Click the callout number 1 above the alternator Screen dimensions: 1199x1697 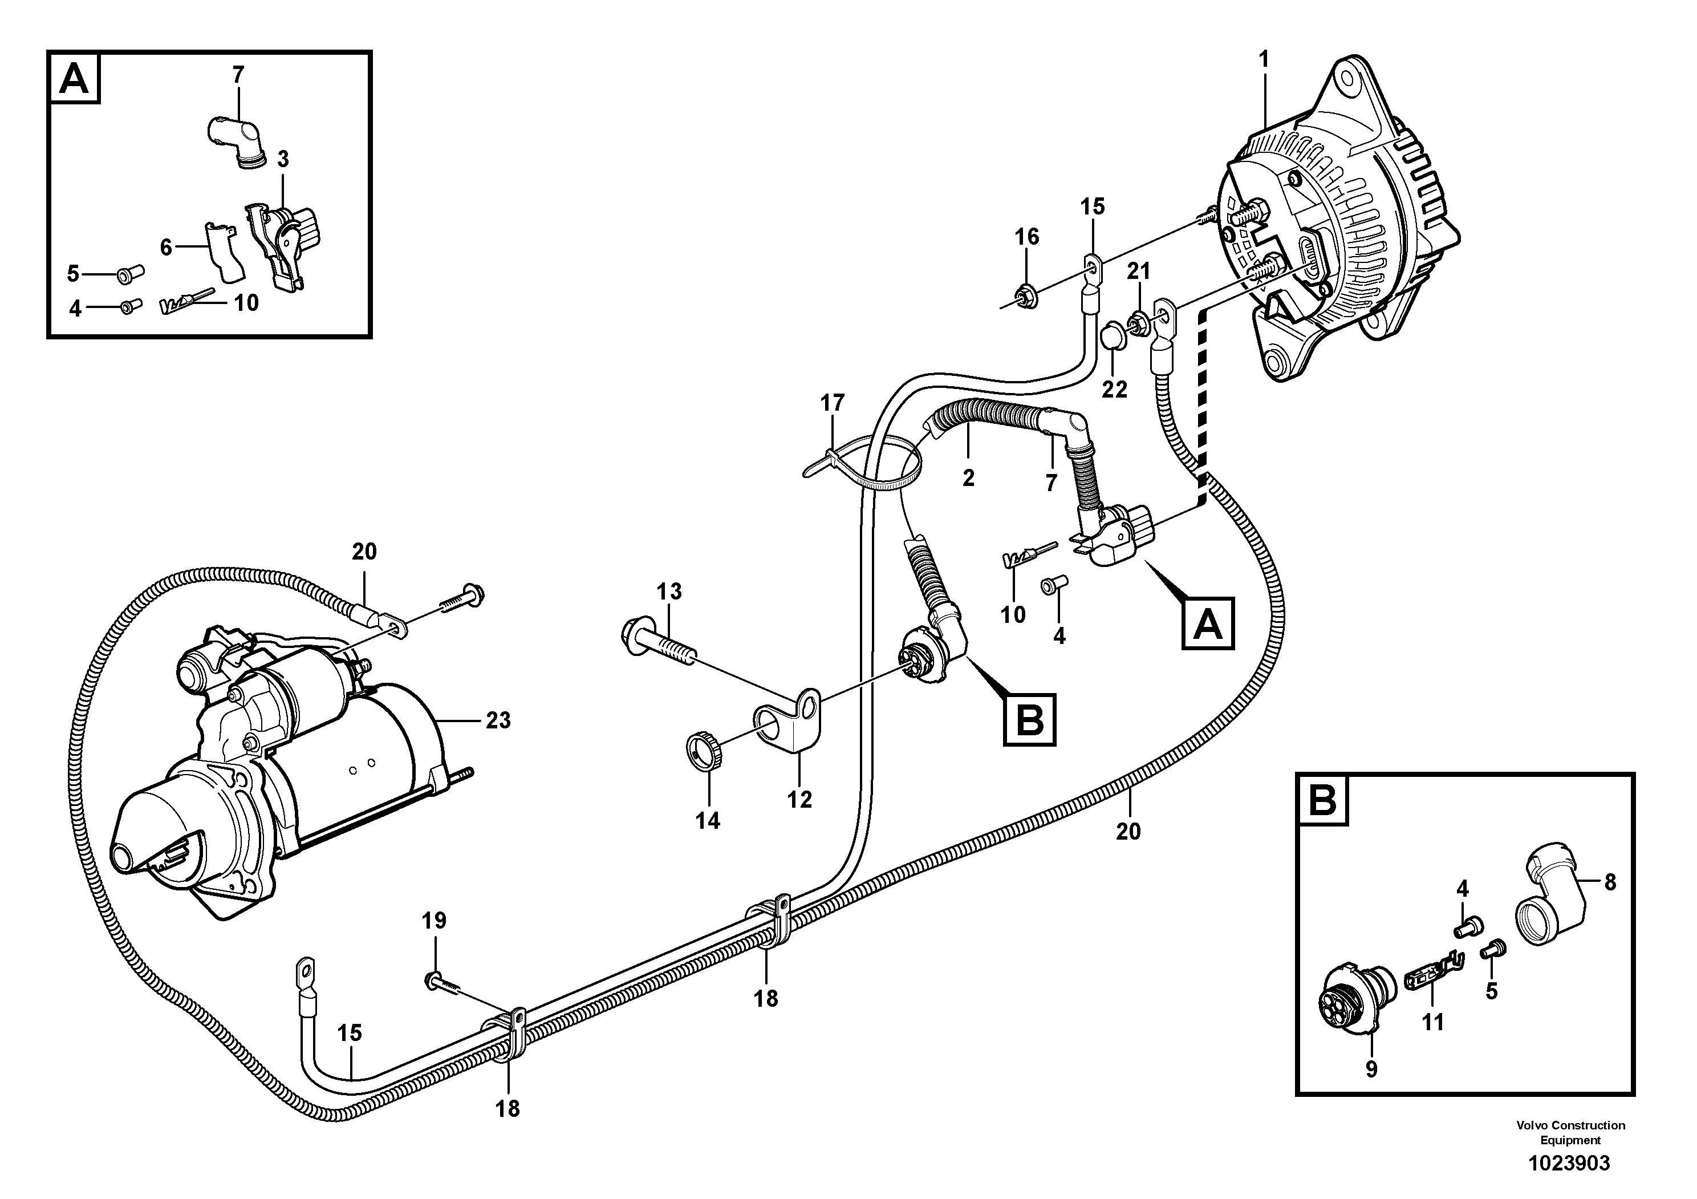(x=1263, y=59)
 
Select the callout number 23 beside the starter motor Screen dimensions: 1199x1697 (x=498, y=720)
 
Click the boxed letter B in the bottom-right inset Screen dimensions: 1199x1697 (x=1323, y=800)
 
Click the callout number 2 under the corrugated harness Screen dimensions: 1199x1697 (x=968, y=478)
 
